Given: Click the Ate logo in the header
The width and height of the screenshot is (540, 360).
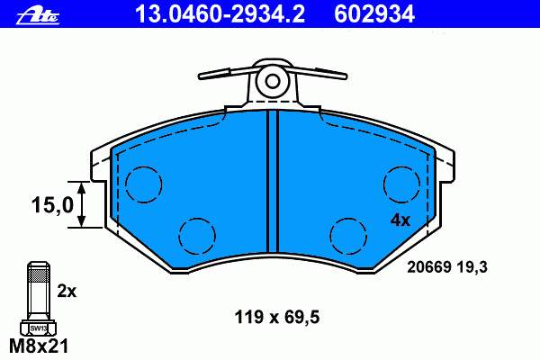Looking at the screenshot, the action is pyautogui.click(x=38, y=15).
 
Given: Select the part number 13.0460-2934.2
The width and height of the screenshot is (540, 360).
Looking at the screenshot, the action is pyautogui.click(x=220, y=14).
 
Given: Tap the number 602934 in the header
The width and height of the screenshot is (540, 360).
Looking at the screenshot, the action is pyautogui.click(x=374, y=14).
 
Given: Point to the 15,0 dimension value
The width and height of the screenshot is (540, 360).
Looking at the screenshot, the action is pyautogui.click(x=52, y=204).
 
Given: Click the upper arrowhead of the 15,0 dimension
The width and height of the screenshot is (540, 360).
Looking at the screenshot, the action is pyautogui.click(x=81, y=188).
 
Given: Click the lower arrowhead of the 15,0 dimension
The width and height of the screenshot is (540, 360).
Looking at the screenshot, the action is pyautogui.click(x=81, y=220).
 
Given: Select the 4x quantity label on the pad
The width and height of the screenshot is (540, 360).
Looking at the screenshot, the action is pyautogui.click(x=400, y=220).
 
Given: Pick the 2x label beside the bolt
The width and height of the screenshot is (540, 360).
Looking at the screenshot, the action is pyautogui.click(x=67, y=292).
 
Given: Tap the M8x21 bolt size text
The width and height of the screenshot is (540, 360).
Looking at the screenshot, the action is pyautogui.click(x=38, y=346).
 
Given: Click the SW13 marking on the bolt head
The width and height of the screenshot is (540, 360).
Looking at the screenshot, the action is pyautogui.click(x=38, y=328).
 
